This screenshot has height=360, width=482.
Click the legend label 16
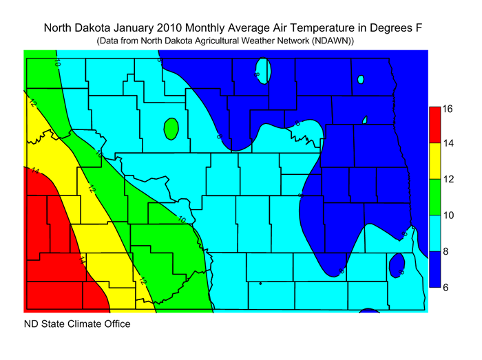[x=447, y=109]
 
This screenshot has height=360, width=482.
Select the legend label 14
[x=447, y=144]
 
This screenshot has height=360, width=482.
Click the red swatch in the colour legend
[x=434, y=125]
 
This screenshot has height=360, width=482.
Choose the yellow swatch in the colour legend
[x=434, y=161]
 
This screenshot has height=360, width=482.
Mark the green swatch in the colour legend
[x=434, y=197]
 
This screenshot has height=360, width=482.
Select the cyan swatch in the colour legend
[x=434, y=233]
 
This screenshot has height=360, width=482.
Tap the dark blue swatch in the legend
[x=434, y=268]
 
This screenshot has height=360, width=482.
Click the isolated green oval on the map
[x=171, y=128]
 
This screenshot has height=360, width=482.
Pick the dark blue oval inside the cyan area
[x=397, y=265]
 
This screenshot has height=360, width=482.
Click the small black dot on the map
[x=260, y=283]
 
